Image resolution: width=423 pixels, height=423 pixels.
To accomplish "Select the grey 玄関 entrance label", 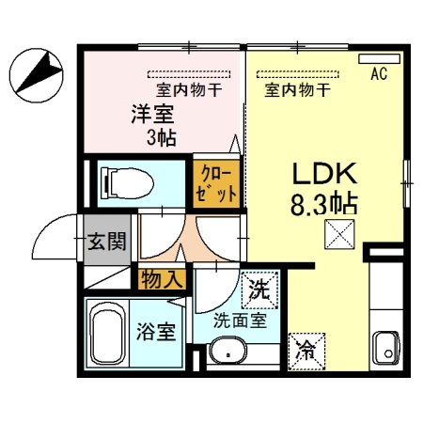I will tap(106, 241).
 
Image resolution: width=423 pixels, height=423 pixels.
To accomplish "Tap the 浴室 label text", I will tap(156, 332).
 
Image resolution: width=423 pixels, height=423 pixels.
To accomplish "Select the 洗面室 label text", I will tap(239, 320).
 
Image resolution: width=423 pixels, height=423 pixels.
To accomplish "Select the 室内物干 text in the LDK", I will tap(296, 91).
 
